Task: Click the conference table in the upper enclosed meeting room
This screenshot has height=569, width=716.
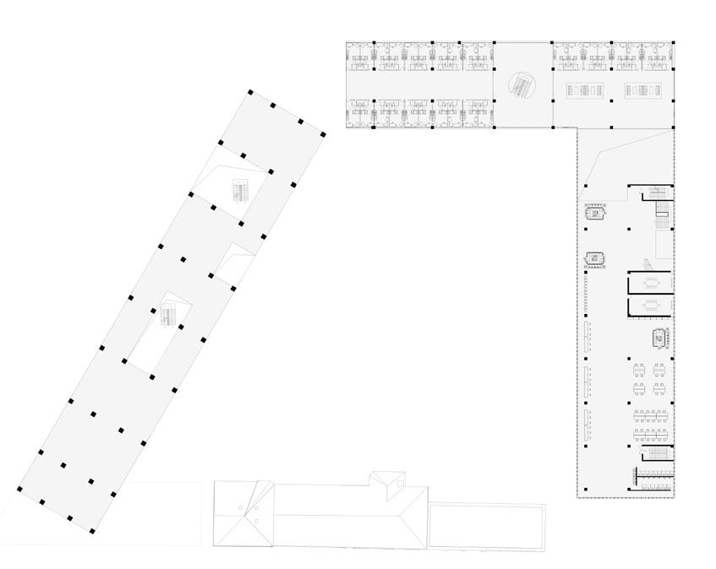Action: point(650,282)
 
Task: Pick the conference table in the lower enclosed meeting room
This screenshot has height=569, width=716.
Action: point(650,306)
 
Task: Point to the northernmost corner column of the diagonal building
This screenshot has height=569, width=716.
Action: point(250,92)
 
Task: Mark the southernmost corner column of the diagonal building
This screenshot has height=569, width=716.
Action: point(92,530)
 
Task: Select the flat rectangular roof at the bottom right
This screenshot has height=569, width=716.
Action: point(486,525)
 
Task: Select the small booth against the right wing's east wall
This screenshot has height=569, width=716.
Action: point(659,339)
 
